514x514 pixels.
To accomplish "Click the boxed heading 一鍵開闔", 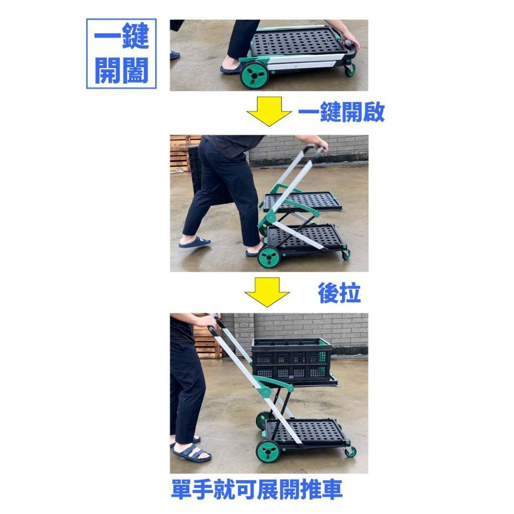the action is (121, 54).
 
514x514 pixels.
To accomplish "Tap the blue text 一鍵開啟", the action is (341, 112).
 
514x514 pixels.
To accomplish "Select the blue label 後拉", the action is (339, 293).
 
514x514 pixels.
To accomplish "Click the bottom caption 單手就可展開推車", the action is (256, 489).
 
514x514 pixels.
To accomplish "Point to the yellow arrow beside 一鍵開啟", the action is (269, 111).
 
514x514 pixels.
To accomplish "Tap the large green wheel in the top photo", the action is (254, 76).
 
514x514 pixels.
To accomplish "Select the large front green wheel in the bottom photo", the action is (268, 451).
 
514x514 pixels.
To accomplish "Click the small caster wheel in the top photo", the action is (350, 70).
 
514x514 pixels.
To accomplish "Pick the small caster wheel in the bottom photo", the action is (350, 452).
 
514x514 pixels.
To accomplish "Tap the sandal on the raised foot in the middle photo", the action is (195, 242).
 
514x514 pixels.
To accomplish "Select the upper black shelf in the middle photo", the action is (302, 202).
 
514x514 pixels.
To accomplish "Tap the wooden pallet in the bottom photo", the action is (206, 339).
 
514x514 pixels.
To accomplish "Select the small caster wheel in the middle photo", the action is (346, 254).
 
